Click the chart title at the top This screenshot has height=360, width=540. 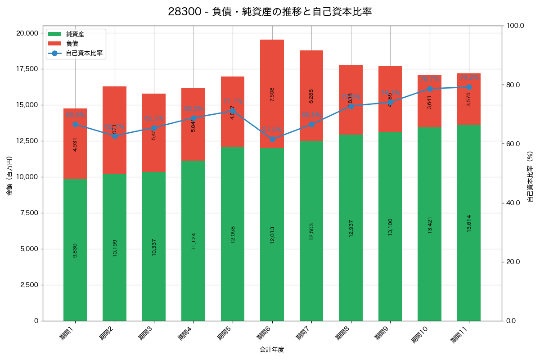(270, 12)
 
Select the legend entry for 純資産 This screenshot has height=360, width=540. (75, 34)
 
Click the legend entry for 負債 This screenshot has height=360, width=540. (72, 44)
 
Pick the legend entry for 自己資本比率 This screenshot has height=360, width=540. (84, 53)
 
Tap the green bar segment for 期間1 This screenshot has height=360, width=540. (75, 250)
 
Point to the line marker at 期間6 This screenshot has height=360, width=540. (272, 139)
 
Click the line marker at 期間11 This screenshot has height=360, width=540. (469, 87)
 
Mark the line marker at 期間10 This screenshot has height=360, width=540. (429, 89)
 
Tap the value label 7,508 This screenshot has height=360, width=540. (272, 94)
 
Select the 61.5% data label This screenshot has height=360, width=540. (272, 130)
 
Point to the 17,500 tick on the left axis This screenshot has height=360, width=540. (27, 69)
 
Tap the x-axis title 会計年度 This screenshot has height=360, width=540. (272, 350)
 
